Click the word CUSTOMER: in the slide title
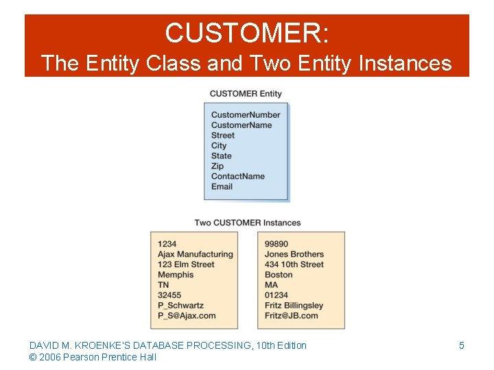pos(247,33)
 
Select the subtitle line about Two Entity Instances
pos(247,64)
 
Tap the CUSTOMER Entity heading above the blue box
pos(246,94)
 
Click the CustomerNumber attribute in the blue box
pos(245,115)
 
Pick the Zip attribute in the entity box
pos(217,166)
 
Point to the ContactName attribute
pos(237,176)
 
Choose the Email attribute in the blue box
pos(222,186)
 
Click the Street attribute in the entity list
pos(222,136)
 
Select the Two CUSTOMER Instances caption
pos(247,223)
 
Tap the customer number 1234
pos(167,244)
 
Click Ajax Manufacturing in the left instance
pos(195,254)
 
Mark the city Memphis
pos(176,275)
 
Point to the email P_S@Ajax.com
pos(187,316)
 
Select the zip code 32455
pos(169,295)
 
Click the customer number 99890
pos(277,244)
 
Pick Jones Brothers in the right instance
pos(294,254)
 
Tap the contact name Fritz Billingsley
pos(294,306)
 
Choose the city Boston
pos(279,275)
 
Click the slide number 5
pos(461,345)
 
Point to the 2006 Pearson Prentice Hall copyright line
pos(93,357)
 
